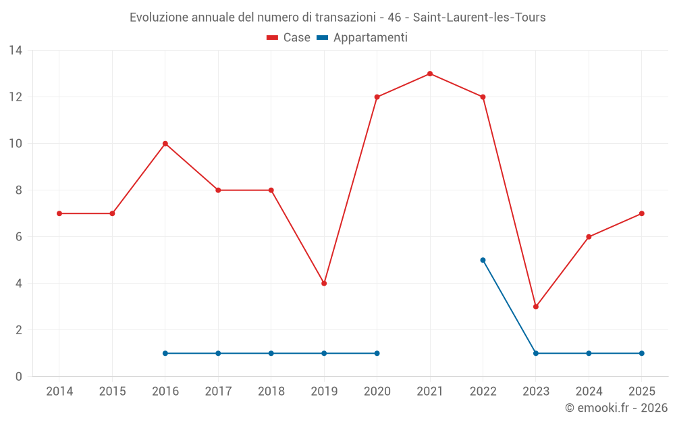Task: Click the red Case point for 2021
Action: pyautogui.click(x=430, y=74)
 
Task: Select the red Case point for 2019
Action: pyautogui.click(x=324, y=284)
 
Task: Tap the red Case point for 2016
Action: pyautogui.click(x=165, y=144)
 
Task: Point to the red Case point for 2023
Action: pyautogui.click(x=536, y=307)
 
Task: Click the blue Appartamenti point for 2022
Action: pyautogui.click(x=483, y=260)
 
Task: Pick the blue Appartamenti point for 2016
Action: pyautogui.click(x=165, y=353)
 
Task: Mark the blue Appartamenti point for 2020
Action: pyautogui.click(x=377, y=353)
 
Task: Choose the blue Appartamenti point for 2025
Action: pyautogui.click(x=641, y=353)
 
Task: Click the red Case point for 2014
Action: pyautogui.click(x=59, y=213)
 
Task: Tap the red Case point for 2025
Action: pyautogui.click(x=641, y=213)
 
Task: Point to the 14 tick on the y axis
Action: pyautogui.click(x=16, y=51)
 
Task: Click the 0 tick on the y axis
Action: pyautogui.click(x=19, y=377)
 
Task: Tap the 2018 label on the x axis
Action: pyautogui.click(x=271, y=392)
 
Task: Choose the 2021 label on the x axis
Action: pyautogui.click(x=430, y=392)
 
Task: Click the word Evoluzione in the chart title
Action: pyautogui.click(x=159, y=18)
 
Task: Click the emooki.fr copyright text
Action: pyautogui.click(x=616, y=408)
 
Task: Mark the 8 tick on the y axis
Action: pyautogui.click(x=19, y=190)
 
